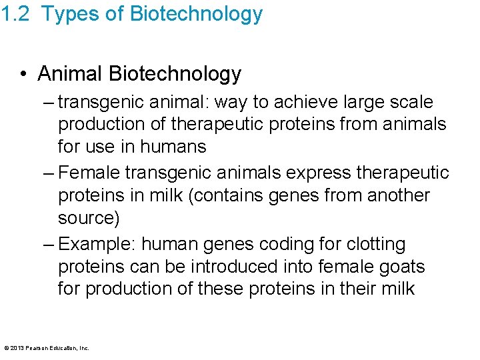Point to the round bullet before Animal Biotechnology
click(24, 74)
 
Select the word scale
click(411, 102)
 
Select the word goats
click(399, 266)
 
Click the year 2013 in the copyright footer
click(17, 347)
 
